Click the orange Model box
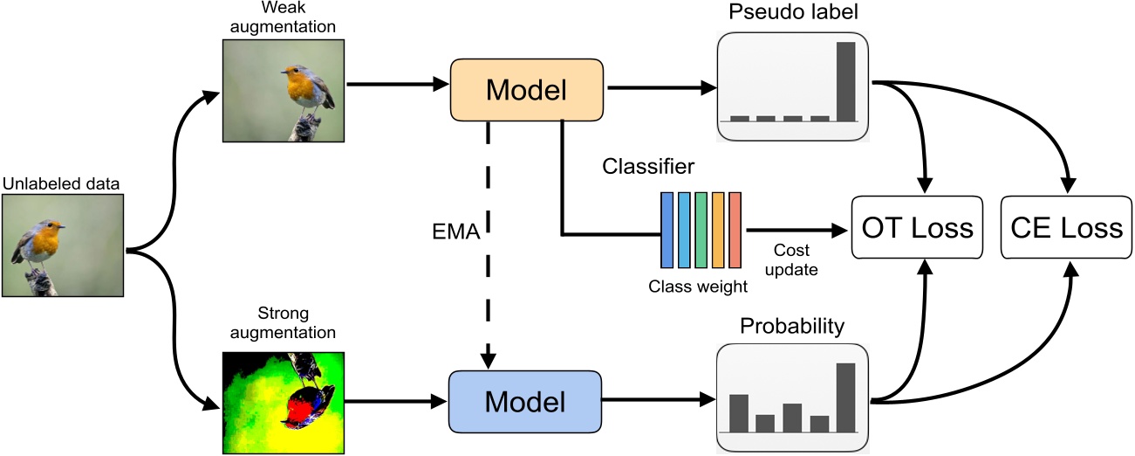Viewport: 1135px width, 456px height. coord(525,88)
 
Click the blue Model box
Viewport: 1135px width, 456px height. coord(525,401)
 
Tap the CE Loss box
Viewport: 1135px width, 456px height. coord(1066,228)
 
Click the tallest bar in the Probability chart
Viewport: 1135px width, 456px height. coord(845,397)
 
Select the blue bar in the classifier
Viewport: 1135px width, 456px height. coord(667,230)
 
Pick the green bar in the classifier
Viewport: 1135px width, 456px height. coord(701,230)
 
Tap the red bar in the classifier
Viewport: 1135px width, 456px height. coord(735,230)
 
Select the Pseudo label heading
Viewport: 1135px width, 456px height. coord(791,15)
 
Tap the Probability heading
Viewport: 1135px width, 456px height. coord(791,327)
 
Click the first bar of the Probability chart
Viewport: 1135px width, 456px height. coord(739,412)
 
